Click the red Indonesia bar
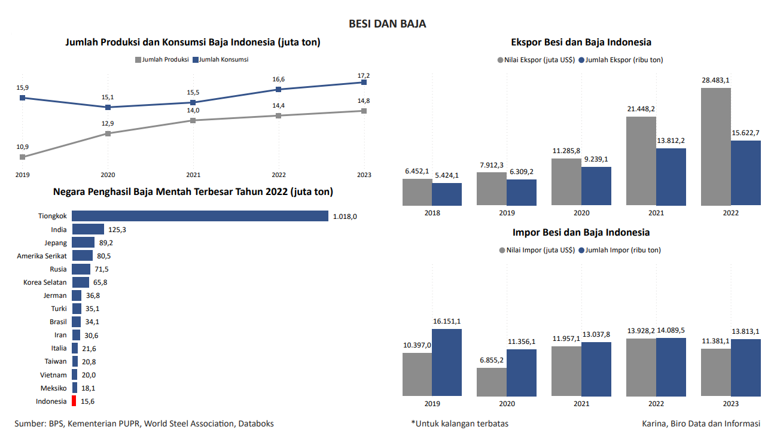pyautogui.click(x=74, y=401)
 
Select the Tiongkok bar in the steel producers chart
pyautogui.click(x=200, y=216)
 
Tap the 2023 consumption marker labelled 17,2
pyautogui.click(x=364, y=83)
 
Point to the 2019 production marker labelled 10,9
pyautogui.click(x=22, y=157)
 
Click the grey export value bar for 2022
pyautogui.click(x=716, y=147)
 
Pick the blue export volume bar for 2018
pyautogui.click(x=447, y=194)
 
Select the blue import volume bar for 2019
pyautogui.click(x=447, y=362)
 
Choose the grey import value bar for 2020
pyautogui.click(x=492, y=382)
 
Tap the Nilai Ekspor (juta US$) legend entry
pyautogui.click(x=536, y=60)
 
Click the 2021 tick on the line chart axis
pyautogui.click(x=193, y=175)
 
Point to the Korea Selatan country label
pyautogui.click(x=45, y=282)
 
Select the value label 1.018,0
pyautogui.click(x=345, y=217)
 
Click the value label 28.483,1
pyautogui.click(x=716, y=80)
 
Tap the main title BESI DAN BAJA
pyautogui.click(x=388, y=24)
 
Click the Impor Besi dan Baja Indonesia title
pyautogui.click(x=581, y=232)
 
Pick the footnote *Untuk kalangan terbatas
pyautogui.click(x=459, y=423)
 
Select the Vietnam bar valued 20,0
pyautogui.click(x=75, y=375)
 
